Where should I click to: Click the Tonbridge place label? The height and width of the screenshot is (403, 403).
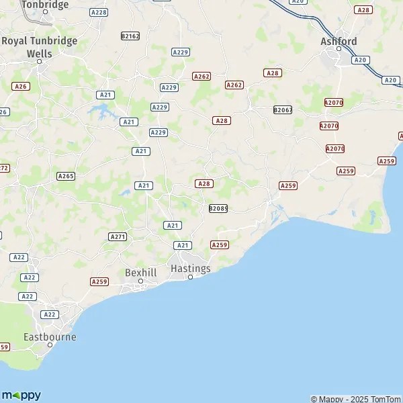[x=45, y=4]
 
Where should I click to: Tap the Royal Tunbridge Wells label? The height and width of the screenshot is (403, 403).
[x=39, y=46]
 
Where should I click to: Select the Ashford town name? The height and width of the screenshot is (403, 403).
[x=339, y=41]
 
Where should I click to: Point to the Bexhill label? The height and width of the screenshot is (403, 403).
[x=140, y=272]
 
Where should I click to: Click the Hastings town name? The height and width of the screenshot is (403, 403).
[x=191, y=268]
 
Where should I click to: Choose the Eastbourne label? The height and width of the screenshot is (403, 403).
[x=50, y=337]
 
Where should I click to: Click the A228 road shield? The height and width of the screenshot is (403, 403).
[x=99, y=12]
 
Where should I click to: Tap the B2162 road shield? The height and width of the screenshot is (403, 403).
[x=130, y=36]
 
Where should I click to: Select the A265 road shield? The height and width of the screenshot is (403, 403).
[x=66, y=176]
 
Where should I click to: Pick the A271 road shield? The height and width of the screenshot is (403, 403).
[x=118, y=236]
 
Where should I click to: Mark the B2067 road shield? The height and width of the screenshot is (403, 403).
[x=283, y=109]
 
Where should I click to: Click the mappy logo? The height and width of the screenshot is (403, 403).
[x=21, y=395]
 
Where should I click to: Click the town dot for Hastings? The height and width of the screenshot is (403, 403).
[x=190, y=277]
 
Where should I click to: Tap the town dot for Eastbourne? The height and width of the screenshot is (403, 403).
[x=50, y=345]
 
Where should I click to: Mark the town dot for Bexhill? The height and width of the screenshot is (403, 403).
[x=140, y=281]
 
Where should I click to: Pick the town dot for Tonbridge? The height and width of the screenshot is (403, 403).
[x=45, y=11]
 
